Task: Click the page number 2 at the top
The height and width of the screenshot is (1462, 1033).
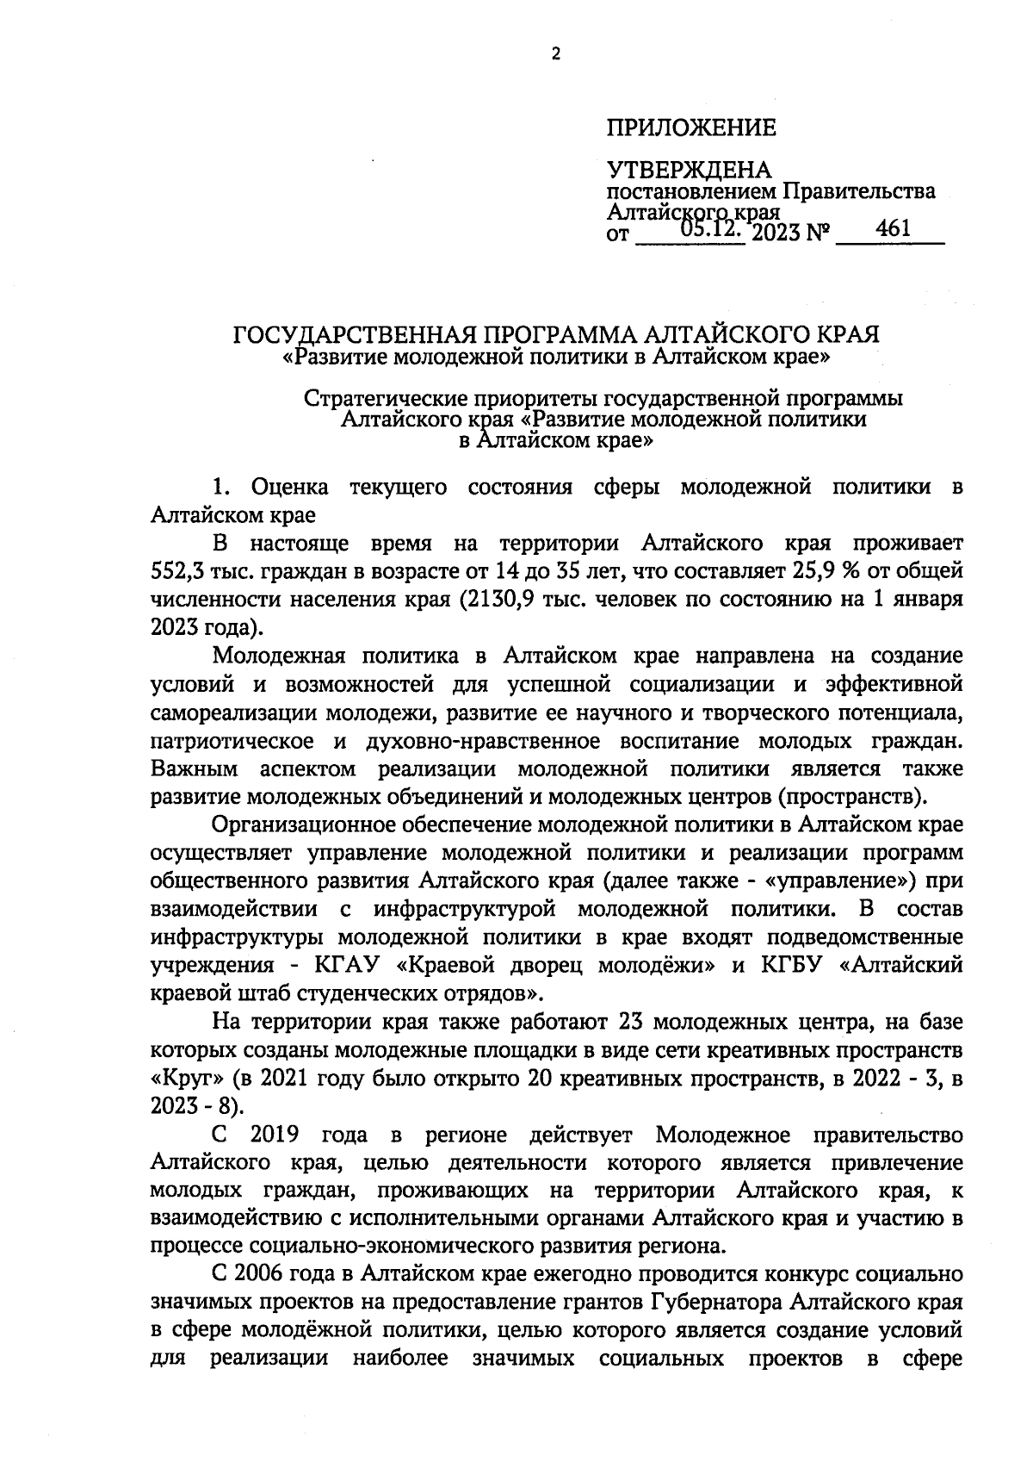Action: coord(555,54)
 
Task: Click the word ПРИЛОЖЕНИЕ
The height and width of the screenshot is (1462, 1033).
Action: coord(691,128)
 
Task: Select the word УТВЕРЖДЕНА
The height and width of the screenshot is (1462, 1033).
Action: coord(689,170)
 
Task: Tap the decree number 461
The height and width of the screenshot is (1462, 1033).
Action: coord(893,229)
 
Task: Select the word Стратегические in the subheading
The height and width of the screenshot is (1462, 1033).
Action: coord(376,400)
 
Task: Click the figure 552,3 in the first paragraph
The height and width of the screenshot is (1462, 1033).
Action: coord(177,571)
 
